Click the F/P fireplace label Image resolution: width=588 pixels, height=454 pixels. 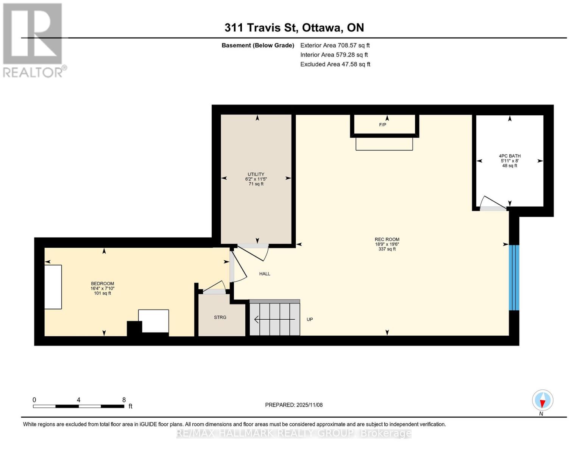click(x=382, y=125)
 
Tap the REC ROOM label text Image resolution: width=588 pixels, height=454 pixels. click(x=387, y=239)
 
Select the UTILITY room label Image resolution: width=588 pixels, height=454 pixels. click(x=256, y=174)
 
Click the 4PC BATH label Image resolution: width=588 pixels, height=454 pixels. click(x=510, y=156)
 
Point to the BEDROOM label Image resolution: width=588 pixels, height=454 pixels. click(x=102, y=284)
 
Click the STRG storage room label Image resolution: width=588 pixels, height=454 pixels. click(x=220, y=317)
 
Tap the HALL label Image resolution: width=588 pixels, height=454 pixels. click(x=265, y=274)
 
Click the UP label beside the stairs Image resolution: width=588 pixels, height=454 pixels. click(x=310, y=320)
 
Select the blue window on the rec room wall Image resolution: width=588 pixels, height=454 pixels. click(x=514, y=278)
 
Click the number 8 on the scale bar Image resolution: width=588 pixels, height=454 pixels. click(x=124, y=400)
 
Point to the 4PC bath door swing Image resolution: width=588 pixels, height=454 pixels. click(x=493, y=203)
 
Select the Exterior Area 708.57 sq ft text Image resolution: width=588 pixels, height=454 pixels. click(x=335, y=45)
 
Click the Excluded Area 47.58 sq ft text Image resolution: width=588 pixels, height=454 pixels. click(x=335, y=64)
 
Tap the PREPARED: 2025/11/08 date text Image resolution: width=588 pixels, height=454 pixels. click(x=294, y=405)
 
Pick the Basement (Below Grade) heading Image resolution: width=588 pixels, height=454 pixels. click(x=258, y=45)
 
